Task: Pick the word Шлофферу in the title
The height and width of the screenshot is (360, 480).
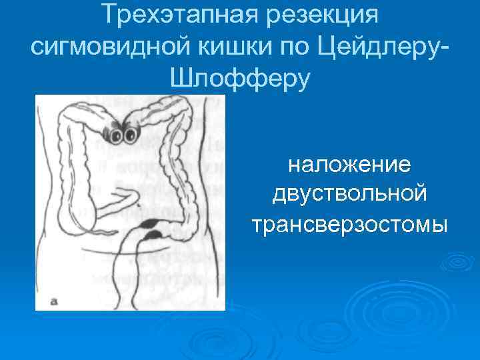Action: coord(241,79)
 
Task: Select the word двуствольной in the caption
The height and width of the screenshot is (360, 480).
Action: coord(350,194)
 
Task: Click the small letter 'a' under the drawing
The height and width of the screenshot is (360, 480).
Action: coord(54,301)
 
